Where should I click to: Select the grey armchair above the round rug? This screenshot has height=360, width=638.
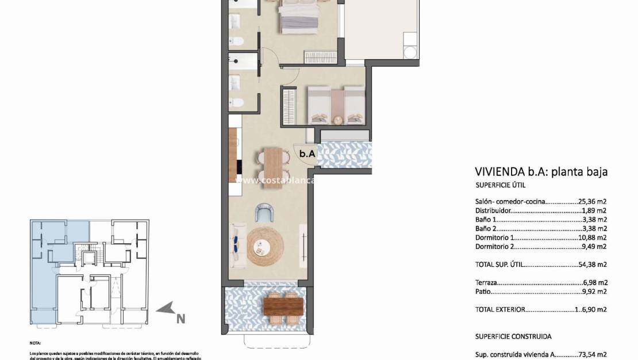coord(264,213)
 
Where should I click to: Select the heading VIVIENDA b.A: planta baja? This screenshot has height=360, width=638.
coord(541,171)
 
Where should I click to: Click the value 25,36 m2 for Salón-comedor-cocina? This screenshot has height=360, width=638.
coord(593,202)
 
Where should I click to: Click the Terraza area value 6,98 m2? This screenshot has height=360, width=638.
coord(595,282)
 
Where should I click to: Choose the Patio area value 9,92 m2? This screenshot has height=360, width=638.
coord(595,292)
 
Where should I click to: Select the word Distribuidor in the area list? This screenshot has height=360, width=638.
coord(493,211)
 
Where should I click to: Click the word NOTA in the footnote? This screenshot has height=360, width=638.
coord(36,342)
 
